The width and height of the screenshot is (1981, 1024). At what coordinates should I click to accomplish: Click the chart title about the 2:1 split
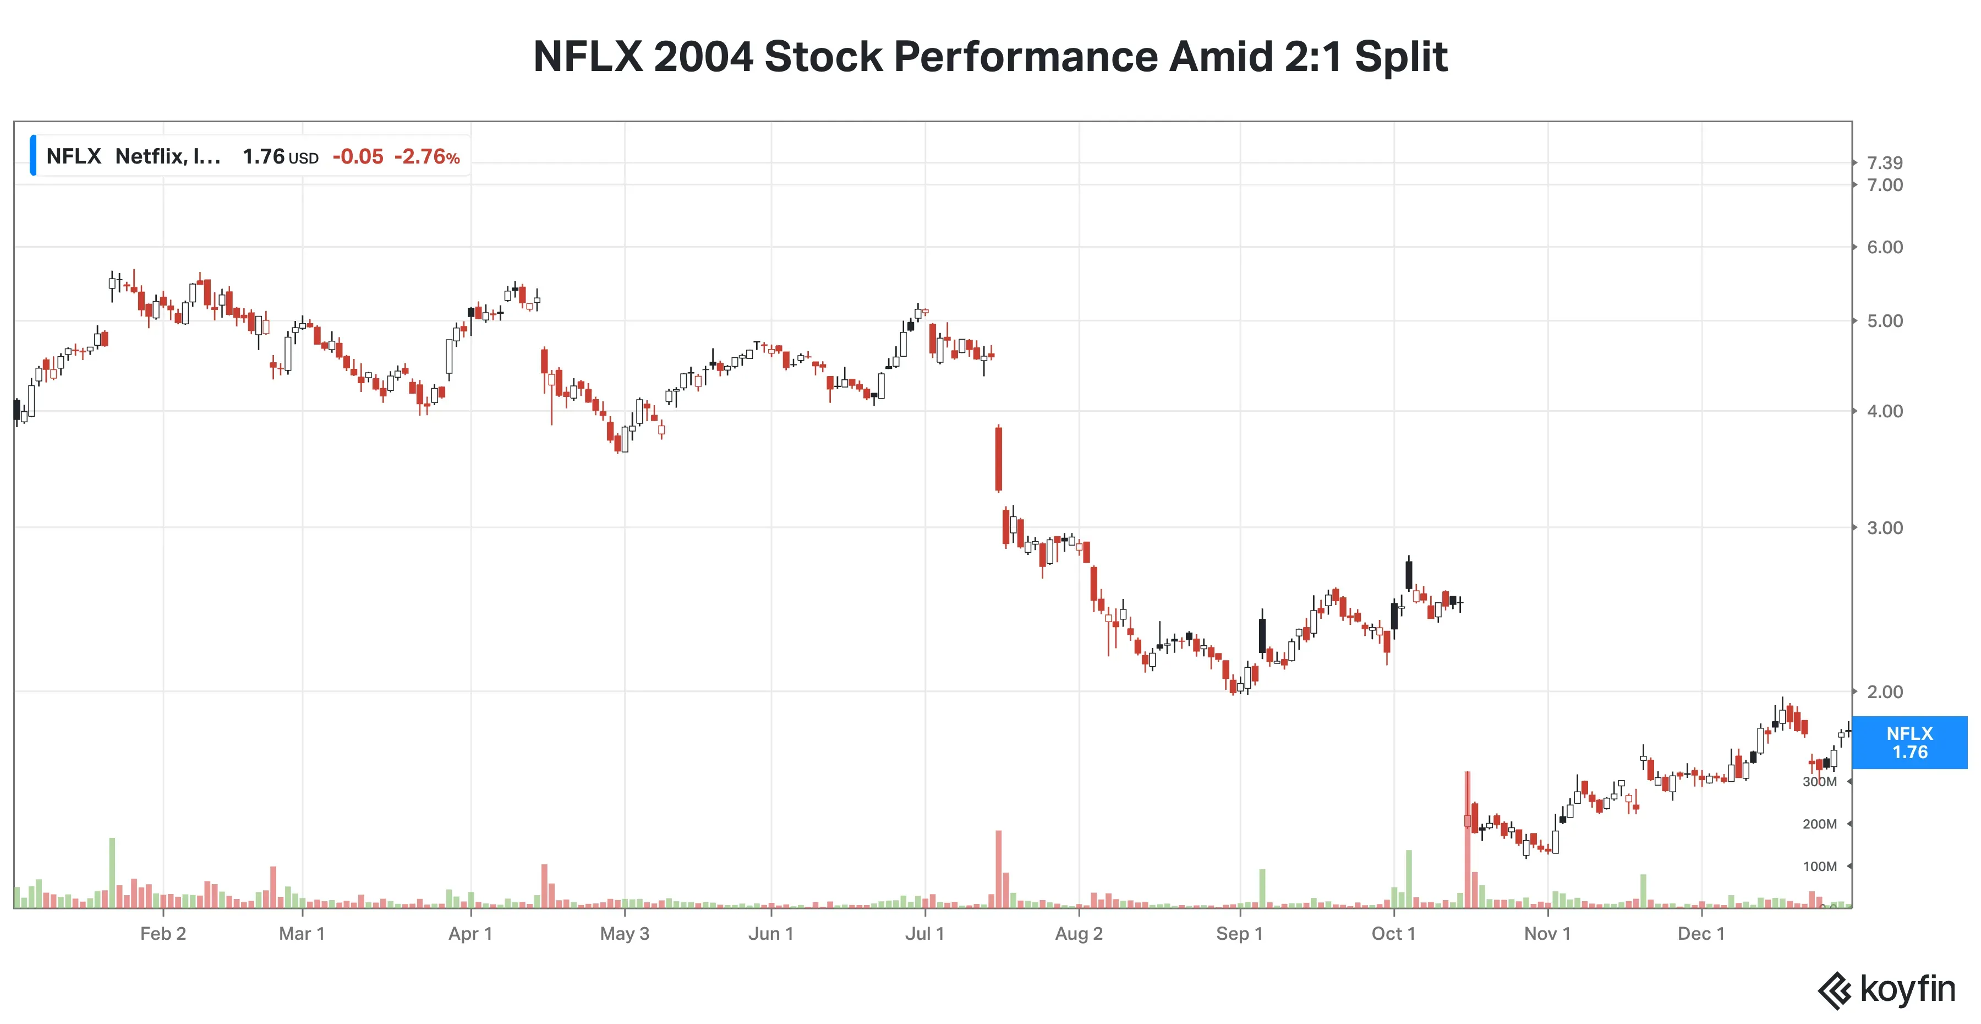click(x=990, y=57)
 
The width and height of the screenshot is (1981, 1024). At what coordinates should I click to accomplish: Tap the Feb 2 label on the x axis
click(x=163, y=933)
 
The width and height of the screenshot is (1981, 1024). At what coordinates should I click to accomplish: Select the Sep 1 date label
click(x=1239, y=933)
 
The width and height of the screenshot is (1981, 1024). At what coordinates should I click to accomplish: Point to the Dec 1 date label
click(x=1701, y=933)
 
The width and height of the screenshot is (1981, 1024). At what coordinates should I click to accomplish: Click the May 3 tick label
click(x=625, y=933)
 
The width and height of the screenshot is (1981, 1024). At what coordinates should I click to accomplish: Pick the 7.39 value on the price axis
click(x=1885, y=162)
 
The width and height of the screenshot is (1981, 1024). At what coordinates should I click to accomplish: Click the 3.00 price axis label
click(x=1885, y=528)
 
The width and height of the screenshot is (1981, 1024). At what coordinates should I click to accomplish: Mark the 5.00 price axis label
click(x=1885, y=321)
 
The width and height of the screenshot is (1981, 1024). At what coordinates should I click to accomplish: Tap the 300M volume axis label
click(x=1820, y=782)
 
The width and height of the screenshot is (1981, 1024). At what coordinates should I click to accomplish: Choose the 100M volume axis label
click(x=1820, y=867)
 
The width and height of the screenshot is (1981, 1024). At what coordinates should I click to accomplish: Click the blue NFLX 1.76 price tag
click(x=1909, y=743)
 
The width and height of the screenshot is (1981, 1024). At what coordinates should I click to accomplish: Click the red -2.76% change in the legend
click(x=427, y=157)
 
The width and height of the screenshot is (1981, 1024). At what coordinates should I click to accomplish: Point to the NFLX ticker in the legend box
click(x=74, y=156)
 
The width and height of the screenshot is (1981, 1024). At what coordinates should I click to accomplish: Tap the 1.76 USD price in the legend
click(x=280, y=157)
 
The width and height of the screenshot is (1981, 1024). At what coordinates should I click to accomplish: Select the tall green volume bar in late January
click(x=112, y=873)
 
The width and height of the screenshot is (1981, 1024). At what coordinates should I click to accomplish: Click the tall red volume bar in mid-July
click(x=998, y=869)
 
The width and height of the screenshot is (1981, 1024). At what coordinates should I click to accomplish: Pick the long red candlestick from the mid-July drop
click(x=998, y=459)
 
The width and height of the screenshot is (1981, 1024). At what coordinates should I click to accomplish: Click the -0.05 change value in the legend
click(x=358, y=157)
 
